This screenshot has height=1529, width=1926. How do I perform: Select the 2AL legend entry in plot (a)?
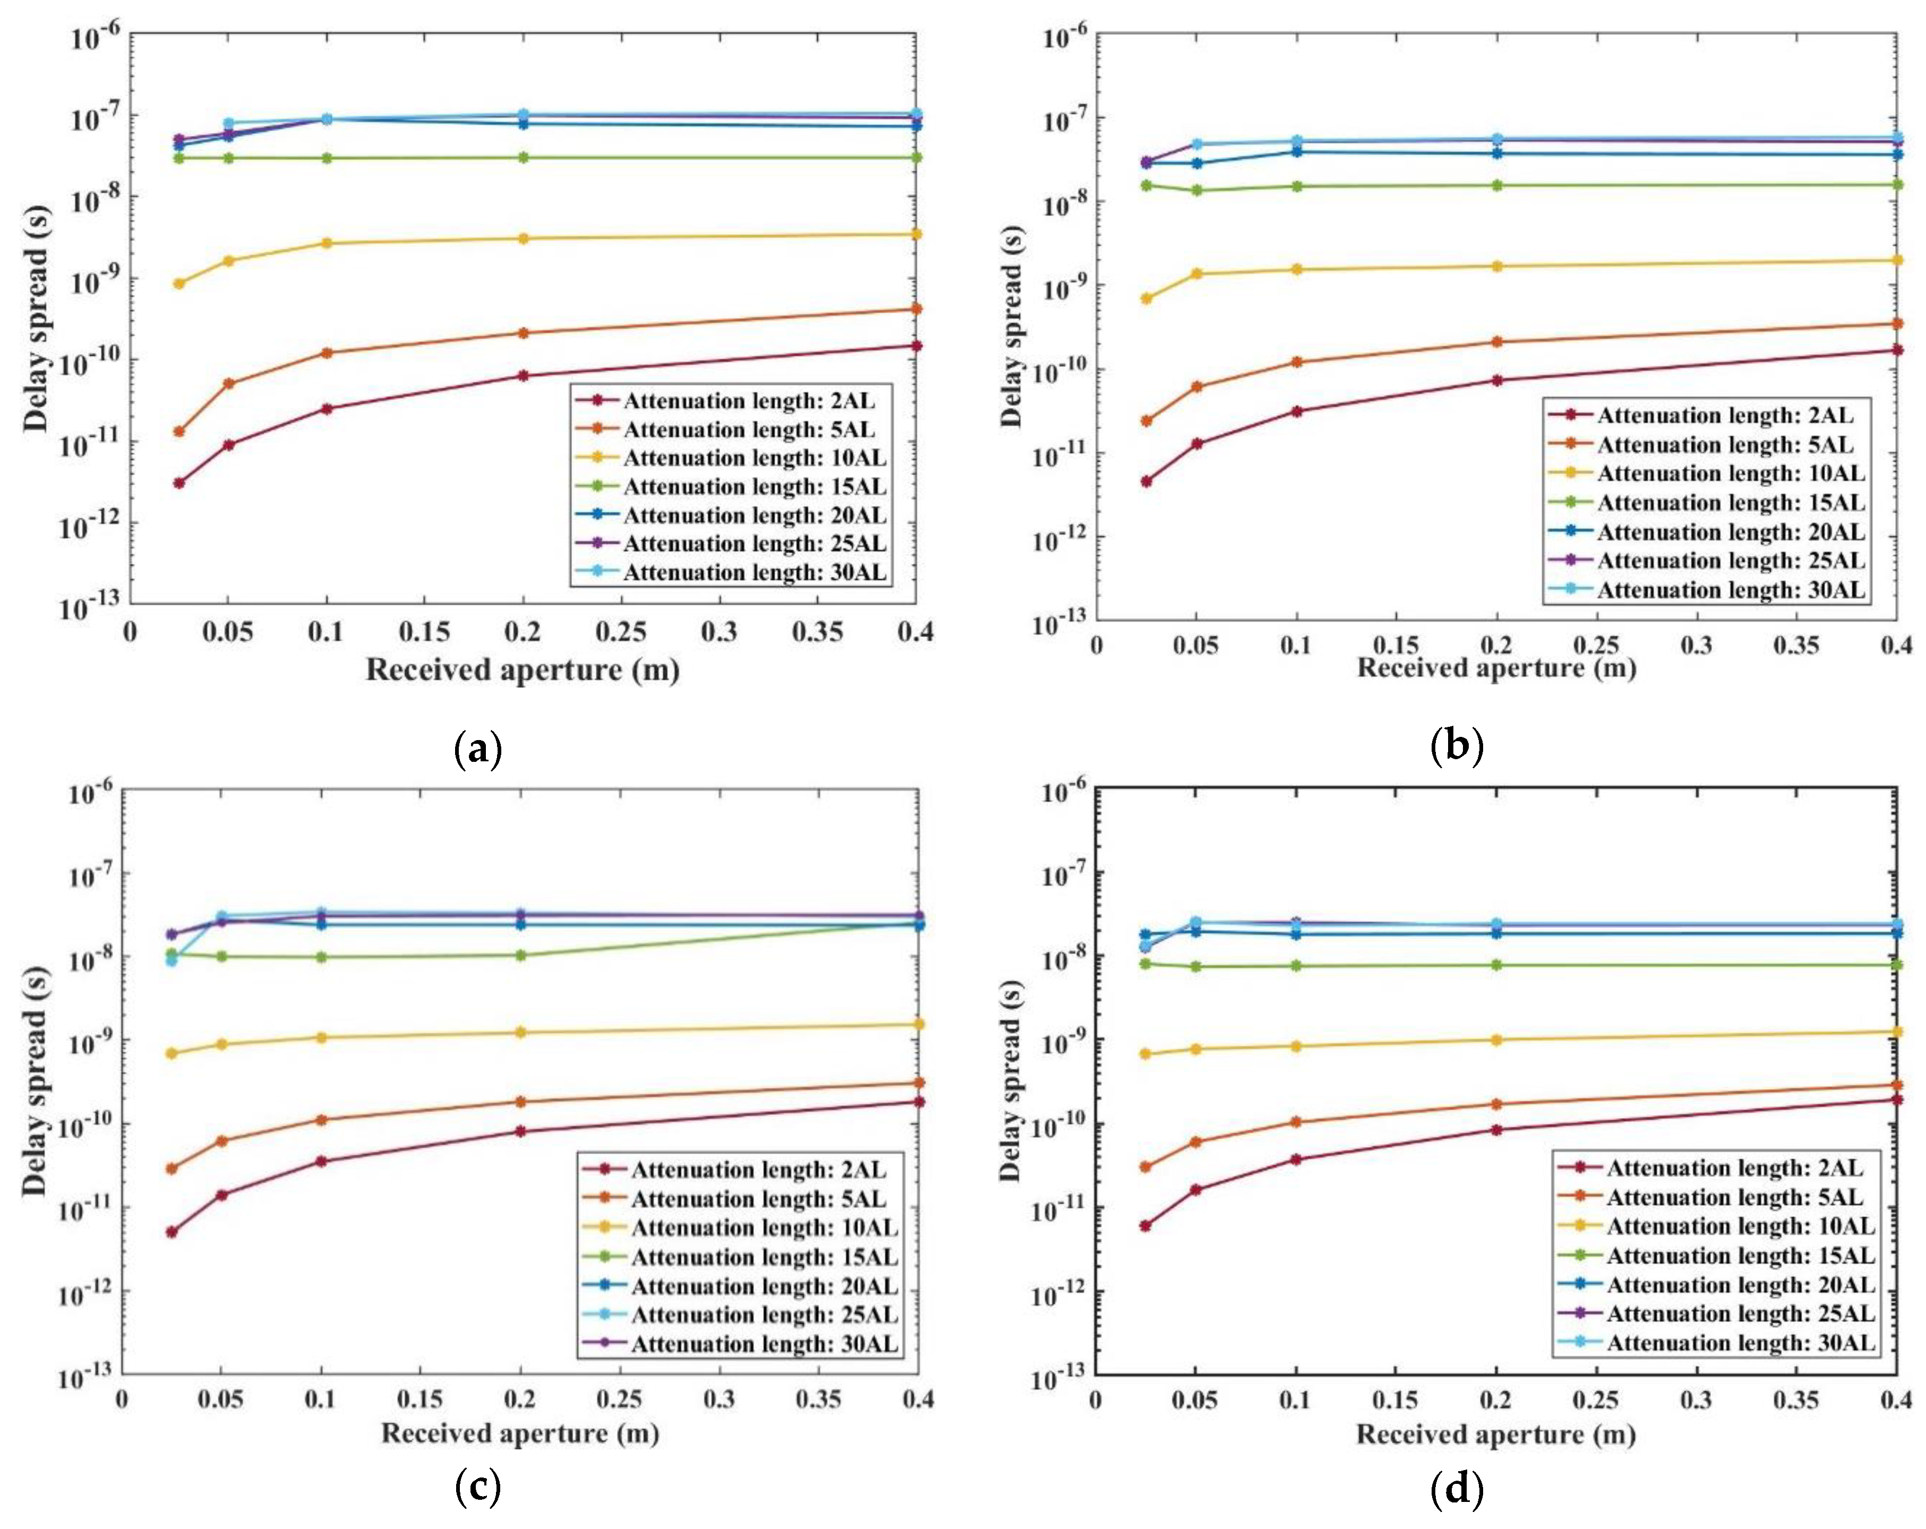(x=749, y=400)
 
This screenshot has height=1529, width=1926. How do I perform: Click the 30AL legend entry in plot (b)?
(x=1731, y=590)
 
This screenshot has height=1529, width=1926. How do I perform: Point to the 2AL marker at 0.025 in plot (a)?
(x=178, y=483)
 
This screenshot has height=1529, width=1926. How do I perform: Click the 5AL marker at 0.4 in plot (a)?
(x=915, y=309)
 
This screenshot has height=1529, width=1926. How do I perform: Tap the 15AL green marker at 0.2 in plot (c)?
(x=521, y=955)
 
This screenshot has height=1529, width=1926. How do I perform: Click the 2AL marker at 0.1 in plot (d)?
(x=1296, y=1159)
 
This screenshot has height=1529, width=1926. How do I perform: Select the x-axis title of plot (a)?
(x=523, y=670)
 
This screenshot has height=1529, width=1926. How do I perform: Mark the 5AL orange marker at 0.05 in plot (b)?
(x=1197, y=386)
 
